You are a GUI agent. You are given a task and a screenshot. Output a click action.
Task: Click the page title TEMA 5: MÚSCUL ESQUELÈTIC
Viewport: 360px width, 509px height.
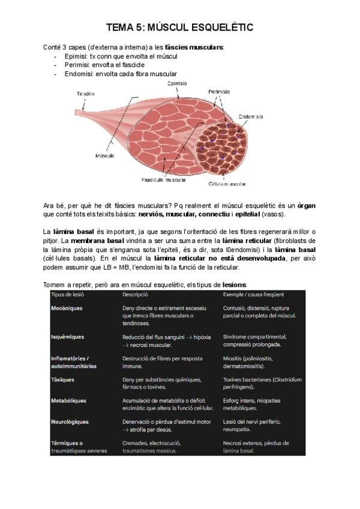pos(179,28)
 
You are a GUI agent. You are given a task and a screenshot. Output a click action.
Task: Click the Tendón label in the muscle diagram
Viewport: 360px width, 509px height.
pos(86,94)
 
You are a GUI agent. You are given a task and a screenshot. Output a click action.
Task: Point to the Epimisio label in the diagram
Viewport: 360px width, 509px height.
pos(176,83)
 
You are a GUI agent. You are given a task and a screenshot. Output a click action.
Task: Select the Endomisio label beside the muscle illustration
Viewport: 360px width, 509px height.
pos(251,116)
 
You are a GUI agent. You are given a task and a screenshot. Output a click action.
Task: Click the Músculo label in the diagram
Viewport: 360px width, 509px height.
pos(105,155)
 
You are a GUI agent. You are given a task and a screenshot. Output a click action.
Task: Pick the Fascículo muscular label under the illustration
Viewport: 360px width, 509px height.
pos(164,179)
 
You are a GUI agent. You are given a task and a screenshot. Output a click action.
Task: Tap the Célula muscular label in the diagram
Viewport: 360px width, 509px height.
pos(227,184)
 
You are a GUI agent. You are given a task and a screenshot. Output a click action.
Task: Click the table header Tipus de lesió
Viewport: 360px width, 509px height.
pos(70,294)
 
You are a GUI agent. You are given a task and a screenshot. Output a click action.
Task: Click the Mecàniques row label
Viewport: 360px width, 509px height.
pos(67,308)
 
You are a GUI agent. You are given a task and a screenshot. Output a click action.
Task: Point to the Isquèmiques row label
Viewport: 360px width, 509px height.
pos(68,337)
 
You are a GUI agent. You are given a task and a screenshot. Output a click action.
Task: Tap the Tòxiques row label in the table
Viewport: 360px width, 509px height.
pos(62,379)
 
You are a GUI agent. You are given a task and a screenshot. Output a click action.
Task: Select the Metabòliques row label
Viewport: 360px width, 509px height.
pos(68,400)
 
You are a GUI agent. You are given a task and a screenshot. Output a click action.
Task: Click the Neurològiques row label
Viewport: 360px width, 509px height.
pos(70,421)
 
